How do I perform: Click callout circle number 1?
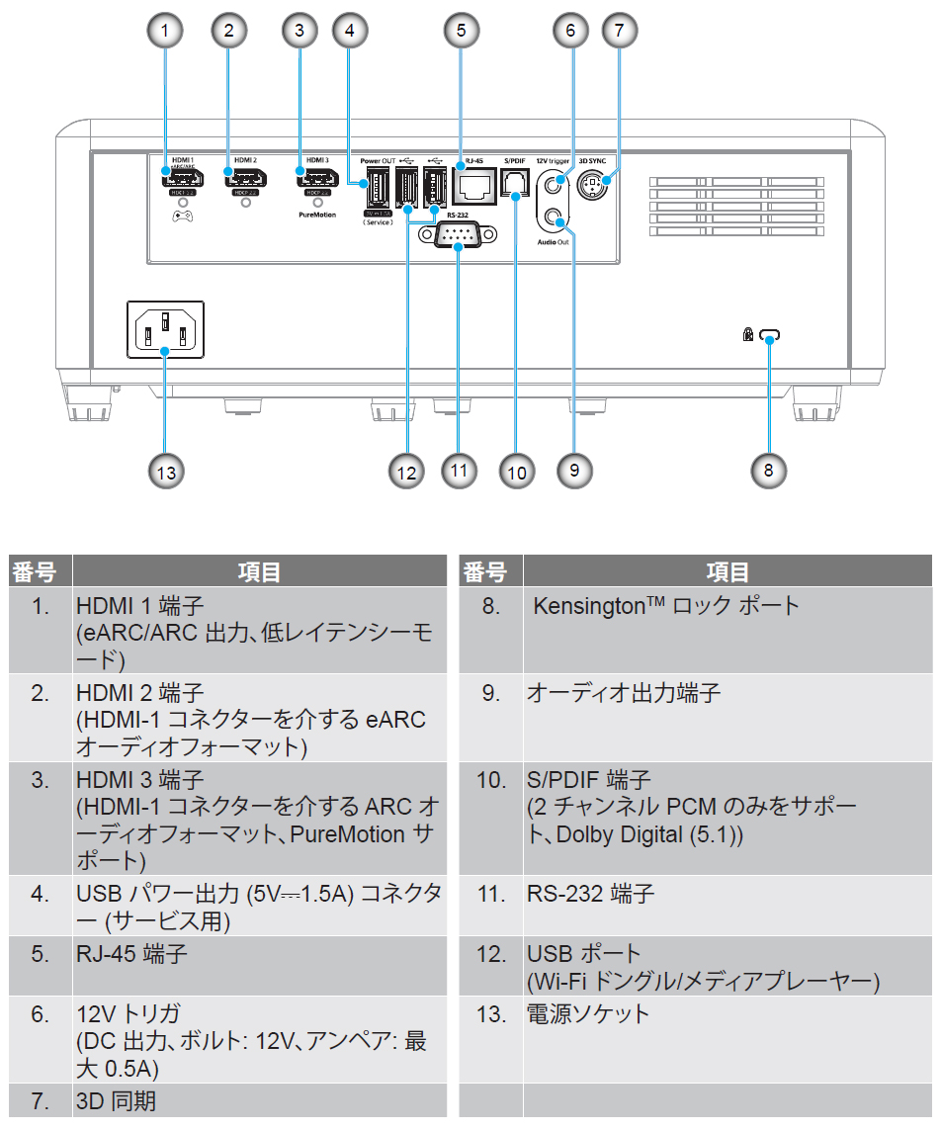click(166, 31)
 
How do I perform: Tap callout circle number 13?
click(166, 472)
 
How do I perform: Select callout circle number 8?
click(768, 470)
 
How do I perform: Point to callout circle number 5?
click(461, 31)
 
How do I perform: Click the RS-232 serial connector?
click(458, 236)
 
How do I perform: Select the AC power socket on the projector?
click(166, 329)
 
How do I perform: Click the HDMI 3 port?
click(317, 179)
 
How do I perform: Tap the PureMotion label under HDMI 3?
click(317, 213)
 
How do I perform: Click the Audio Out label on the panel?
click(554, 240)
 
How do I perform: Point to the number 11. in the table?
click(490, 894)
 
